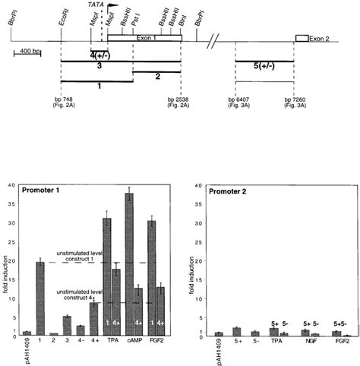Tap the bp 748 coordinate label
[x=62, y=101]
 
